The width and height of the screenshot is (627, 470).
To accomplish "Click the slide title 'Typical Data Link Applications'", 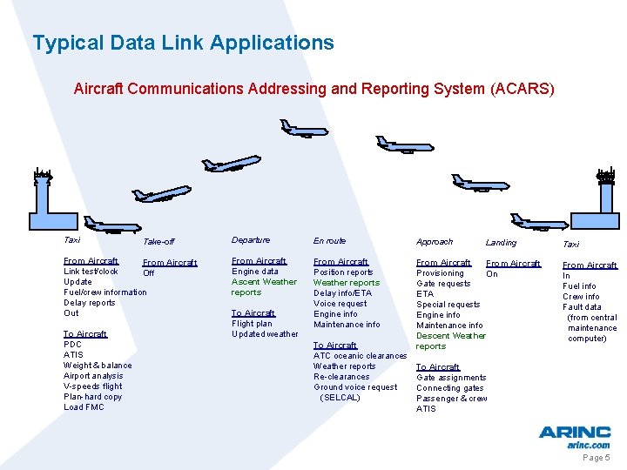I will point(183,43).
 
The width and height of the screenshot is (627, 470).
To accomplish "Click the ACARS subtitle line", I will point(313,89).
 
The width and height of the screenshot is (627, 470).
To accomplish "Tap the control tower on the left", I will point(42,196).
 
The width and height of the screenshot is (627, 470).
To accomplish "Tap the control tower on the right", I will point(604,197).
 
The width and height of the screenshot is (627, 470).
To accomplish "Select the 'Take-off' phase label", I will point(158,242).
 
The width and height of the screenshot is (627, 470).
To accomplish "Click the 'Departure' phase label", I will point(251,240).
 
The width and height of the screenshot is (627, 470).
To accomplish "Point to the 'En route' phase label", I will point(329,241).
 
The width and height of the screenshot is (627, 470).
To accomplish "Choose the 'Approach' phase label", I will point(435,242).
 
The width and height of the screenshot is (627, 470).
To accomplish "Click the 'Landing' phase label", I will point(501,243).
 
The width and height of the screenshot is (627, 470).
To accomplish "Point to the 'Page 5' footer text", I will point(597,458).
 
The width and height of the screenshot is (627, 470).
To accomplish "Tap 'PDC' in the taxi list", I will point(72,345).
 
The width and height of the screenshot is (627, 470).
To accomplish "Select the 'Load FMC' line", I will point(84,407).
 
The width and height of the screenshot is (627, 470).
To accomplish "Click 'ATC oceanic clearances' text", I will point(360,356).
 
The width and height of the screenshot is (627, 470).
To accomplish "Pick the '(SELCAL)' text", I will point(340,398).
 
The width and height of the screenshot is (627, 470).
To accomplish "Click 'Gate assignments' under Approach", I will point(451,378).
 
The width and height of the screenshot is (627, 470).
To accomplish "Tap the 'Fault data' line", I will point(582,307).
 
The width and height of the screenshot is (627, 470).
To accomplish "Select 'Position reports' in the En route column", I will point(343,272).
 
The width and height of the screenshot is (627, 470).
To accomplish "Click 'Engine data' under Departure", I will point(255,272).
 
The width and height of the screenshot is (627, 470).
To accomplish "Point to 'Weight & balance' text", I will point(98,366).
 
